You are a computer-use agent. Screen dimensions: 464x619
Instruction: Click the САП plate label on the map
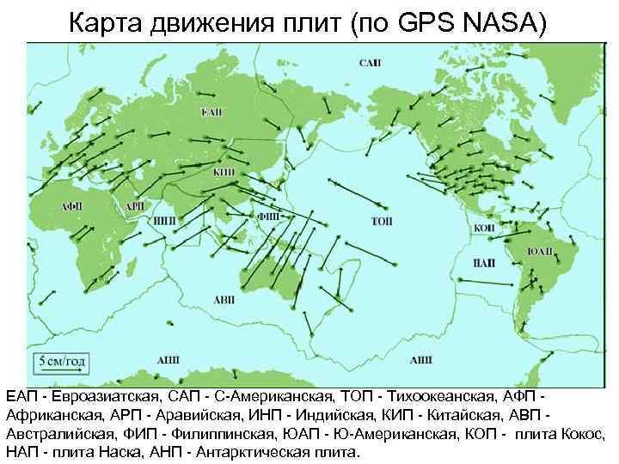click(371, 64)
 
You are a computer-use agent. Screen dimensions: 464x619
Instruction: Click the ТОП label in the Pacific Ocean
click(382, 221)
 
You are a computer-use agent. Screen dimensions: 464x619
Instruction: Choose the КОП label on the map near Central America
click(483, 228)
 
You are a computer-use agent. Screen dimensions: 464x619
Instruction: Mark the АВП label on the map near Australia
click(224, 299)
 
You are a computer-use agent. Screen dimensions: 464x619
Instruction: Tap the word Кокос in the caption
click(592, 434)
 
